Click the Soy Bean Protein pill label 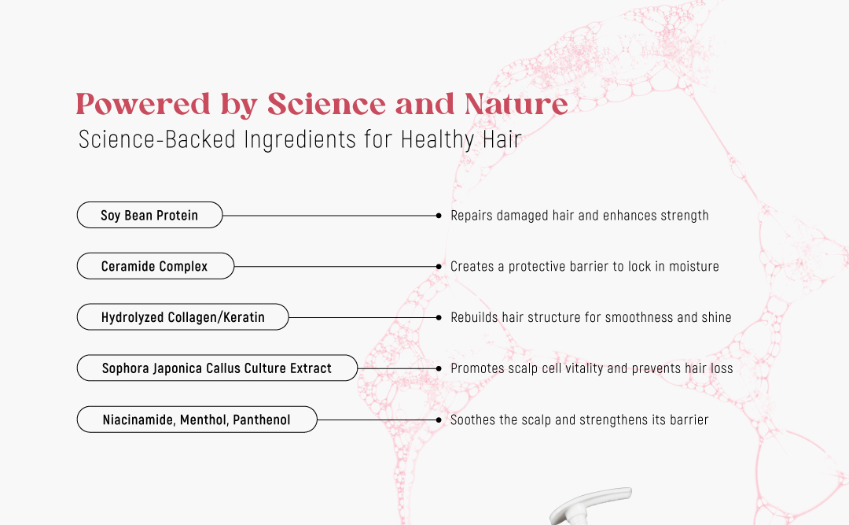tap(149, 216)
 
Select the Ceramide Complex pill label tap(156, 266)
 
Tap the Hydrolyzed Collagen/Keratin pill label tap(182, 317)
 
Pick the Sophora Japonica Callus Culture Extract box tap(217, 368)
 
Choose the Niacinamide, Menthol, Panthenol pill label tap(197, 420)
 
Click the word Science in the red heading tap(326, 104)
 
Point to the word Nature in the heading tap(516, 104)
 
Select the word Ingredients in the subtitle tap(300, 140)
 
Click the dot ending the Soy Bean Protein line tap(439, 216)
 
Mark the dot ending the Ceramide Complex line tap(439, 267)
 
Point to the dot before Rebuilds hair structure tap(439, 318)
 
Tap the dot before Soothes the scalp tap(439, 420)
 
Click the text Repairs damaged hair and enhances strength tap(579, 216)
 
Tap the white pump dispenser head tap(590, 505)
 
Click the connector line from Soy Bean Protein tap(329, 216)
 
